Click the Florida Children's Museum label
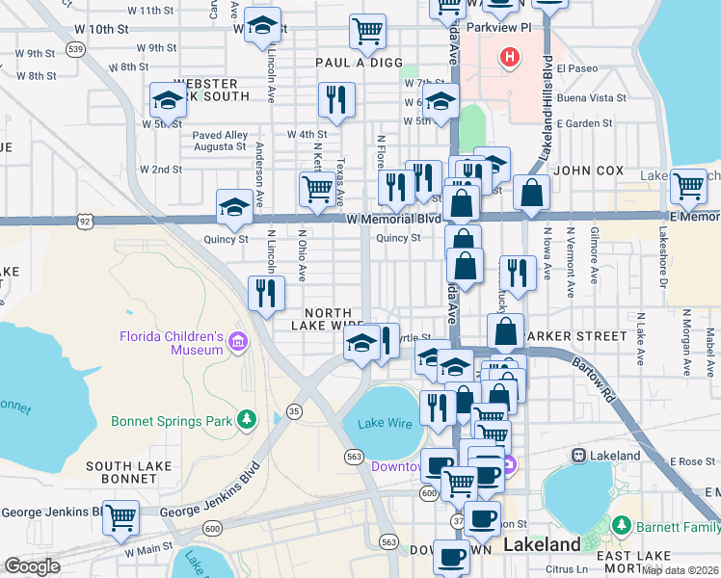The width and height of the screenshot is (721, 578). (x=172, y=342)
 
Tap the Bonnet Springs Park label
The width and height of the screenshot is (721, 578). (x=173, y=421)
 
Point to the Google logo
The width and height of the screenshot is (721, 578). (x=32, y=566)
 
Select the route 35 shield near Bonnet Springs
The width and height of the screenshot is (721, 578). (x=294, y=411)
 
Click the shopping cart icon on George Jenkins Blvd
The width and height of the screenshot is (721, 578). (x=121, y=517)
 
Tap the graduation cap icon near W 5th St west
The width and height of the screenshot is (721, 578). (x=168, y=100)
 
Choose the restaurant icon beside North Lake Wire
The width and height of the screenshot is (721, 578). (x=265, y=294)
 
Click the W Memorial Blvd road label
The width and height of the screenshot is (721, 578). (x=395, y=220)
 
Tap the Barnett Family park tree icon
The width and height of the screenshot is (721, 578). (x=622, y=525)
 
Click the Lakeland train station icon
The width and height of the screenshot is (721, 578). (x=580, y=456)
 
